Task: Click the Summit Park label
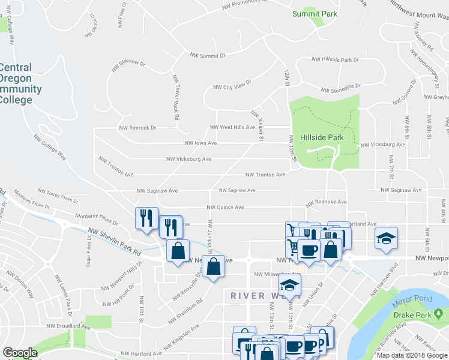click(315, 14)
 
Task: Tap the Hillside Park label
click(323, 137)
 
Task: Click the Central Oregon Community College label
click(21, 84)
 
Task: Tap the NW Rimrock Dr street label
click(137, 128)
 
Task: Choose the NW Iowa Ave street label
click(201, 143)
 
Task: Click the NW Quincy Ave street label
click(225, 208)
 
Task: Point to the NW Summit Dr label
click(207, 55)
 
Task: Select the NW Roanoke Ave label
click(326, 203)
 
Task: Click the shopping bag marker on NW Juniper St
click(213, 266)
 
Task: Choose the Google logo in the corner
click(20, 353)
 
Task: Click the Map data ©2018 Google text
click(412, 355)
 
